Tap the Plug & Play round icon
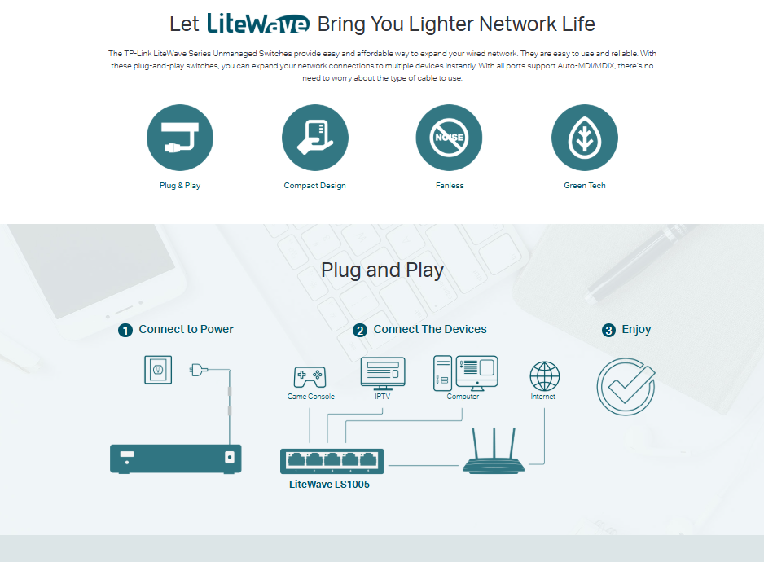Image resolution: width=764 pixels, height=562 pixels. (180, 138)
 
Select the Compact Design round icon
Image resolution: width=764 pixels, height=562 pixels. (314, 138)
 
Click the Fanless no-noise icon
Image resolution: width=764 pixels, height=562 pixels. (449, 138)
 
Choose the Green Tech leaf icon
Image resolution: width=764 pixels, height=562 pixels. (584, 138)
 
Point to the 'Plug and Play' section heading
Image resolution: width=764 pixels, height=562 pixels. (382, 270)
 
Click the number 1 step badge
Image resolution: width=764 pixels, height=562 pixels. (125, 330)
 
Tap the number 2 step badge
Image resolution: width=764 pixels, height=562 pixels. (360, 330)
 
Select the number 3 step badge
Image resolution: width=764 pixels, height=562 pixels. (608, 330)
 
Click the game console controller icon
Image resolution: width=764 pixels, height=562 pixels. (310, 377)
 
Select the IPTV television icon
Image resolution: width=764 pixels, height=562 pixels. (383, 374)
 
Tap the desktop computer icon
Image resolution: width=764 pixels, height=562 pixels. (465, 373)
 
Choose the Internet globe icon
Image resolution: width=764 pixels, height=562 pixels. (544, 376)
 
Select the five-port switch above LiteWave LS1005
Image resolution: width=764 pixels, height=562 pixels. (332, 461)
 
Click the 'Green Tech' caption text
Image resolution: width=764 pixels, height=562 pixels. (584, 186)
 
